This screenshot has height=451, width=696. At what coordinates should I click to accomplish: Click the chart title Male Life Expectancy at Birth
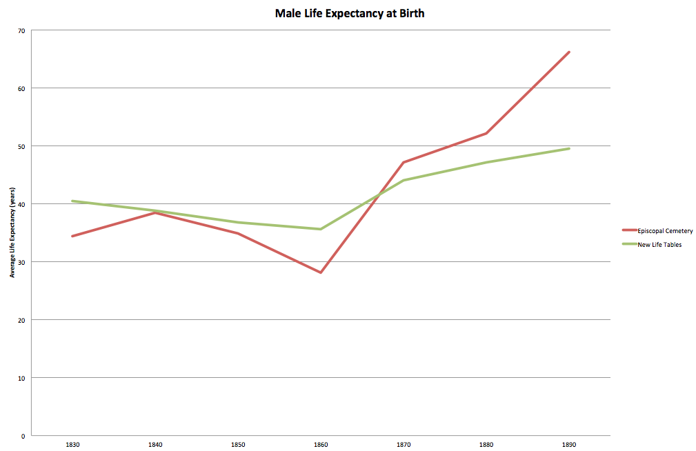tap(349, 13)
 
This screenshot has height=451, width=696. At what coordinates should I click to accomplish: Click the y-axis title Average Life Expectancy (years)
tap(12, 232)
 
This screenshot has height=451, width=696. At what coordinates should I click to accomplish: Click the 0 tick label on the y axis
tap(23, 436)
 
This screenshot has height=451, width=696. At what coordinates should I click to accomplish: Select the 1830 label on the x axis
tap(72, 445)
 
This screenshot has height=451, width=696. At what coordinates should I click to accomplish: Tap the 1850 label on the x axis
tap(238, 445)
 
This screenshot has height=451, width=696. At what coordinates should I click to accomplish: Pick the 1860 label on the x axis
tap(321, 445)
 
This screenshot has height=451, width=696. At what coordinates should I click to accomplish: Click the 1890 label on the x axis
tap(569, 445)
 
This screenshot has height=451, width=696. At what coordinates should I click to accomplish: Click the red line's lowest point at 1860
tap(321, 272)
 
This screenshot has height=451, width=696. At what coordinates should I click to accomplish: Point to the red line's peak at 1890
tap(569, 52)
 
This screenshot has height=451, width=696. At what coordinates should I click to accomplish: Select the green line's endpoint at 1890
tap(569, 148)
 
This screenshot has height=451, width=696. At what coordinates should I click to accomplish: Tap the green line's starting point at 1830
tap(72, 201)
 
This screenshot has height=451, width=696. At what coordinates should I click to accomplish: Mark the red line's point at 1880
tap(486, 133)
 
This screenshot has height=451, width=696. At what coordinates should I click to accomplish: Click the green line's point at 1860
tap(321, 229)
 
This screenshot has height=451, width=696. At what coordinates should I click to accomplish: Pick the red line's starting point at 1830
tap(72, 236)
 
